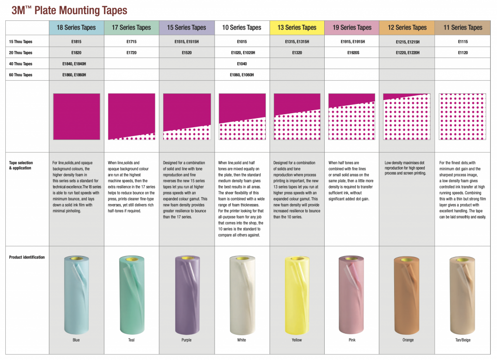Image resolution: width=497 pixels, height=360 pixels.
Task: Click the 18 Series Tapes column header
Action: [77, 28]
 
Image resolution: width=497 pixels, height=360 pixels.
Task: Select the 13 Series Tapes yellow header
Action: [297, 28]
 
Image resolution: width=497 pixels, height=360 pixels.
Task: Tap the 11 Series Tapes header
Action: [463, 28]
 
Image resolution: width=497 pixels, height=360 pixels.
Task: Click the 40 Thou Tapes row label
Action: [21, 64]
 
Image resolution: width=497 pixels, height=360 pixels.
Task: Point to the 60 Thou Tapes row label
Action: [21, 75]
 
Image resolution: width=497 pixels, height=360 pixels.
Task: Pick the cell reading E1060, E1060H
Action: [242, 75]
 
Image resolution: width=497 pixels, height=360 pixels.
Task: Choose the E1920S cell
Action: [352, 52]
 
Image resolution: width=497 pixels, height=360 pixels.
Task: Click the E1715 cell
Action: [132, 42]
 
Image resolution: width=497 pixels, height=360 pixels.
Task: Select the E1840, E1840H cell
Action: [76, 64]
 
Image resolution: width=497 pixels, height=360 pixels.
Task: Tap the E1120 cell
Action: [463, 52]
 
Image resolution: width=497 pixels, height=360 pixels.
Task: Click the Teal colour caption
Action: [132, 340]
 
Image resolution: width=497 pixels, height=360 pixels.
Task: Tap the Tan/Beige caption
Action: [463, 340]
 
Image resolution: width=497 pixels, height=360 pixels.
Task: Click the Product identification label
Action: [27, 257]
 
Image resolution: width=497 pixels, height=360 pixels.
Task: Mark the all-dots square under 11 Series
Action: [463, 117]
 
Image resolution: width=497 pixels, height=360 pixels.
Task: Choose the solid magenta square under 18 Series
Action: [76, 117]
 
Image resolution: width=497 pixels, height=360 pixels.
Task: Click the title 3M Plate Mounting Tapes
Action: [69, 9]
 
